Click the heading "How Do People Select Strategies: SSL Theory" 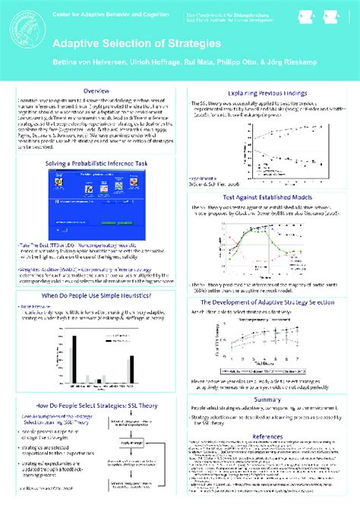click(96, 407)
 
